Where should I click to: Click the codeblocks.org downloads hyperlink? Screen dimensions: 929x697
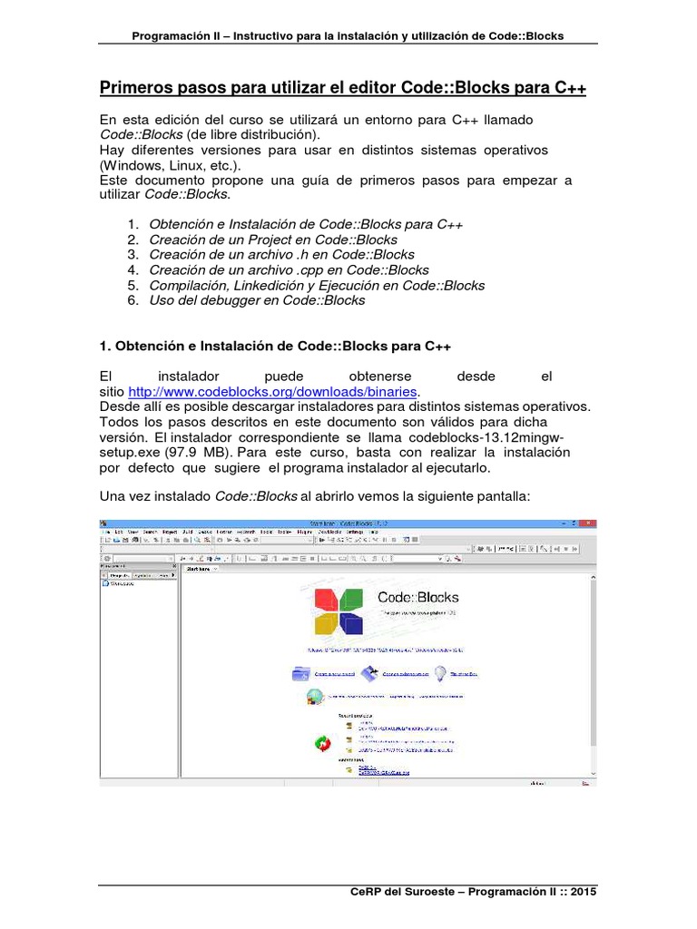point(272,391)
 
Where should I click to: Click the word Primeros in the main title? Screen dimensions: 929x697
point(133,88)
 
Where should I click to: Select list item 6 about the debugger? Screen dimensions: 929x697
point(256,300)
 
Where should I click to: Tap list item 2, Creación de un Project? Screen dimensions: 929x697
point(272,240)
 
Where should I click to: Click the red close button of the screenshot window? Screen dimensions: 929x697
point(589,523)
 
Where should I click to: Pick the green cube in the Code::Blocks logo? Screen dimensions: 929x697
point(350,600)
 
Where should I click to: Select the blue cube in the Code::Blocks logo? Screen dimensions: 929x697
point(350,624)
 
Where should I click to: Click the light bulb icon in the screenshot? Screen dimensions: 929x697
point(440,673)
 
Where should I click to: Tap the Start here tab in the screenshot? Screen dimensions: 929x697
point(199,569)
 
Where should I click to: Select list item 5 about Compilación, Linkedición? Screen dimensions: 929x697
point(317,285)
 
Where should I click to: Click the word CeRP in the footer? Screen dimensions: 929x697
point(368,893)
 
